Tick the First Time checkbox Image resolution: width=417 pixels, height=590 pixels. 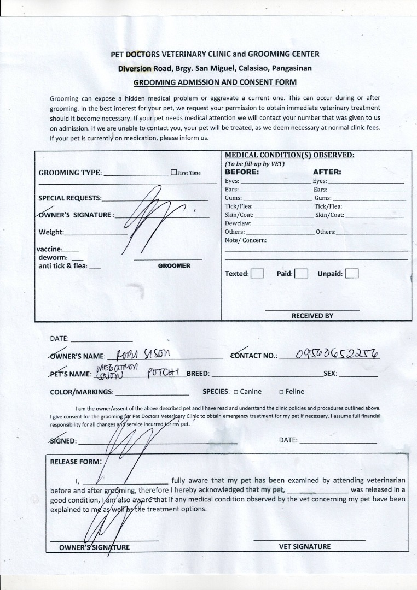pyautogui.click(x=173, y=173)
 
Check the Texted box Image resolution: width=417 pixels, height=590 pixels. pyautogui.click(x=257, y=273)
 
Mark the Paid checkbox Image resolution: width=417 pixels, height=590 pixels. pyautogui.click(x=301, y=273)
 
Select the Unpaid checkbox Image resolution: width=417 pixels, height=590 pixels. pyautogui.click(x=352, y=273)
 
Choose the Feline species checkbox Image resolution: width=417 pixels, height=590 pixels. pyautogui.click(x=281, y=392)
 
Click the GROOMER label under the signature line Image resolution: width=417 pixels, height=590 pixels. pyautogui.click(x=174, y=265)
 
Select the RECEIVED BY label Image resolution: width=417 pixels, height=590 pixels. pyautogui.click(x=312, y=316)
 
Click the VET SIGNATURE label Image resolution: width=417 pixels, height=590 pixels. pyautogui.click(x=309, y=546)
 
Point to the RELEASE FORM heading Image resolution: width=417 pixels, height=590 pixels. pyautogui.click(x=76, y=462)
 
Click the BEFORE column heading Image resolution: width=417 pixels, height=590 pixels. pyautogui.click(x=242, y=172)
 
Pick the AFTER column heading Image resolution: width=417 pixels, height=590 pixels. pyautogui.click(x=327, y=172)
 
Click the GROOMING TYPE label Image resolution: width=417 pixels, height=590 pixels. pyautogui.click(x=70, y=173)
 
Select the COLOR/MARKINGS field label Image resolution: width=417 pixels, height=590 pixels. pyautogui.click(x=82, y=392)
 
